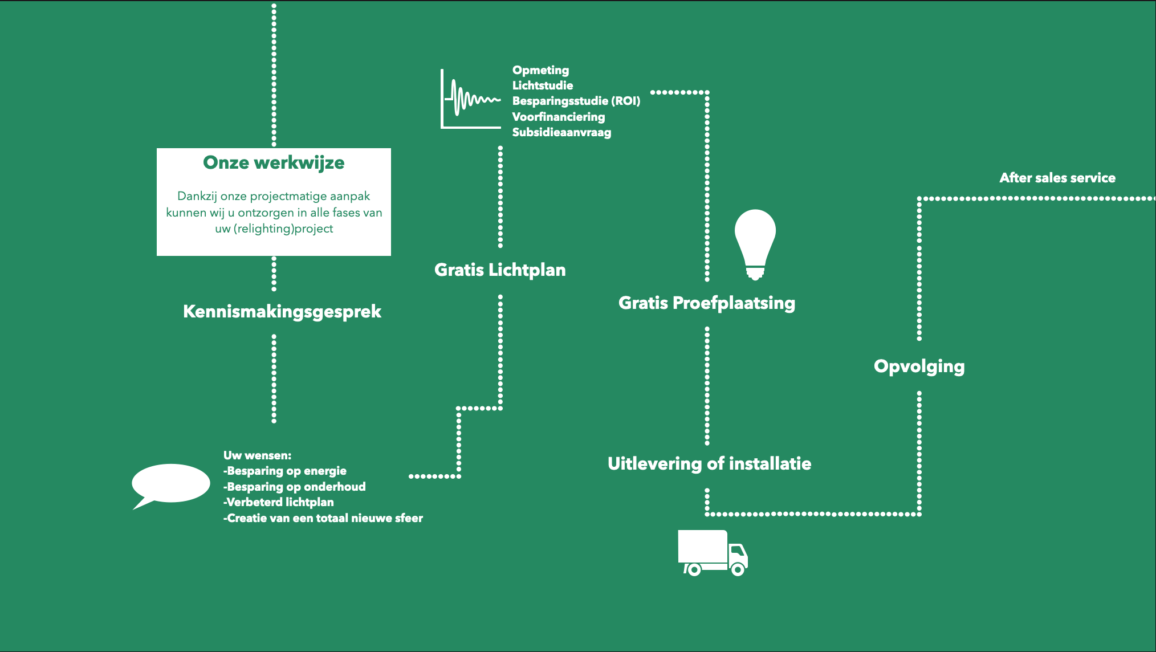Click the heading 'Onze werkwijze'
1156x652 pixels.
[x=274, y=163]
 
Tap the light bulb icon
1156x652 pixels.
[x=755, y=242]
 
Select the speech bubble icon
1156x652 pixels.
[x=170, y=484]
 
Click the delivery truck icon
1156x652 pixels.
[x=713, y=552]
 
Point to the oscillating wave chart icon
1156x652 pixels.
[x=470, y=100]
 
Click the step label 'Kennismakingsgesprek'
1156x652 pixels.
[x=282, y=312]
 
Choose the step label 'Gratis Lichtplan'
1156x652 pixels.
[x=500, y=270]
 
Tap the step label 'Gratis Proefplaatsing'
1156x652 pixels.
[x=707, y=303]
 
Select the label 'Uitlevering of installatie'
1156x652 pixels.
[x=709, y=463]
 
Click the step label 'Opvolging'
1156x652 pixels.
[x=919, y=366]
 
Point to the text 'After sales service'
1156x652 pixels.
[x=1057, y=178]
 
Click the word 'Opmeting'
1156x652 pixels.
[x=540, y=70]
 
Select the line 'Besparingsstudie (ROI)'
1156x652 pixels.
[x=576, y=101]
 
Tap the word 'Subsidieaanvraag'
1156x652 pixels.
[x=561, y=132]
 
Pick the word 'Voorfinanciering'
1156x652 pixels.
[x=559, y=117]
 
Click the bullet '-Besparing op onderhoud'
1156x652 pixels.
[x=294, y=487]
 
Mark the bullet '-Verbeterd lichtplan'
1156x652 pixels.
[x=278, y=502]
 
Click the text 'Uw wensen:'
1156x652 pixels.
[x=257, y=455]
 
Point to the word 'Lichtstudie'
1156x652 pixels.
[x=543, y=85]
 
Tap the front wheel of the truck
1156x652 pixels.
[x=738, y=569]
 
